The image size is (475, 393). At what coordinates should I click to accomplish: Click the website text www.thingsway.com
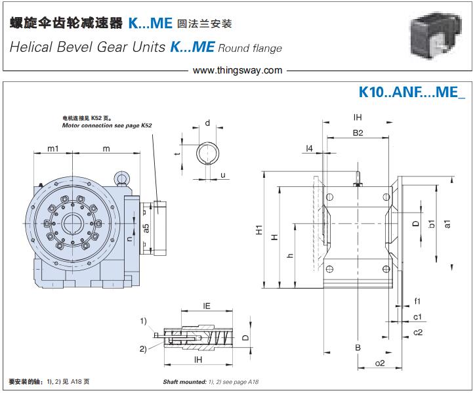238,70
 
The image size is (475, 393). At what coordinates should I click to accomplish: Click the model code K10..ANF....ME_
411,93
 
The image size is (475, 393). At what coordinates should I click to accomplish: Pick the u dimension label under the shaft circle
223,175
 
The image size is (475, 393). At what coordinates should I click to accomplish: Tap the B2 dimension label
358,133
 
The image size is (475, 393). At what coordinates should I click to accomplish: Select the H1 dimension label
259,230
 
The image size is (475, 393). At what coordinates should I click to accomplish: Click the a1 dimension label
447,224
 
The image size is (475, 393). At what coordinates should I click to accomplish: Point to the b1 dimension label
431,224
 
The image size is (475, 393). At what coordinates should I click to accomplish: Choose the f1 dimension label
417,301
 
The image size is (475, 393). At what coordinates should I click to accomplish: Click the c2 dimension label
417,332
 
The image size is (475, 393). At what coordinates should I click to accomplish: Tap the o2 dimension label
379,363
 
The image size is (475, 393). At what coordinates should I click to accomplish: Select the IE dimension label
205,305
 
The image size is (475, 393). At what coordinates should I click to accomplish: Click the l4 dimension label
310,148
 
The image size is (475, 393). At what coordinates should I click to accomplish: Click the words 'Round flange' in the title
250,47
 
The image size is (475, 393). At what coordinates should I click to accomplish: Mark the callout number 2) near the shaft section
143,348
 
